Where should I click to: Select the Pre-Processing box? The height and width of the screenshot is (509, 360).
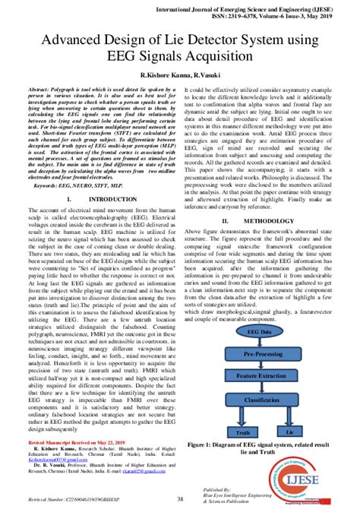click(x=261, y=354)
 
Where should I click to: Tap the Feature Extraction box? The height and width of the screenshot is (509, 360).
click(x=261, y=376)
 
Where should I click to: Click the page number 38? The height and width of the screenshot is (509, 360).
click(x=180, y=499)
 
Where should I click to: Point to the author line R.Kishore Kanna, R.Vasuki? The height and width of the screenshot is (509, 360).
click(x=180, y=77)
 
